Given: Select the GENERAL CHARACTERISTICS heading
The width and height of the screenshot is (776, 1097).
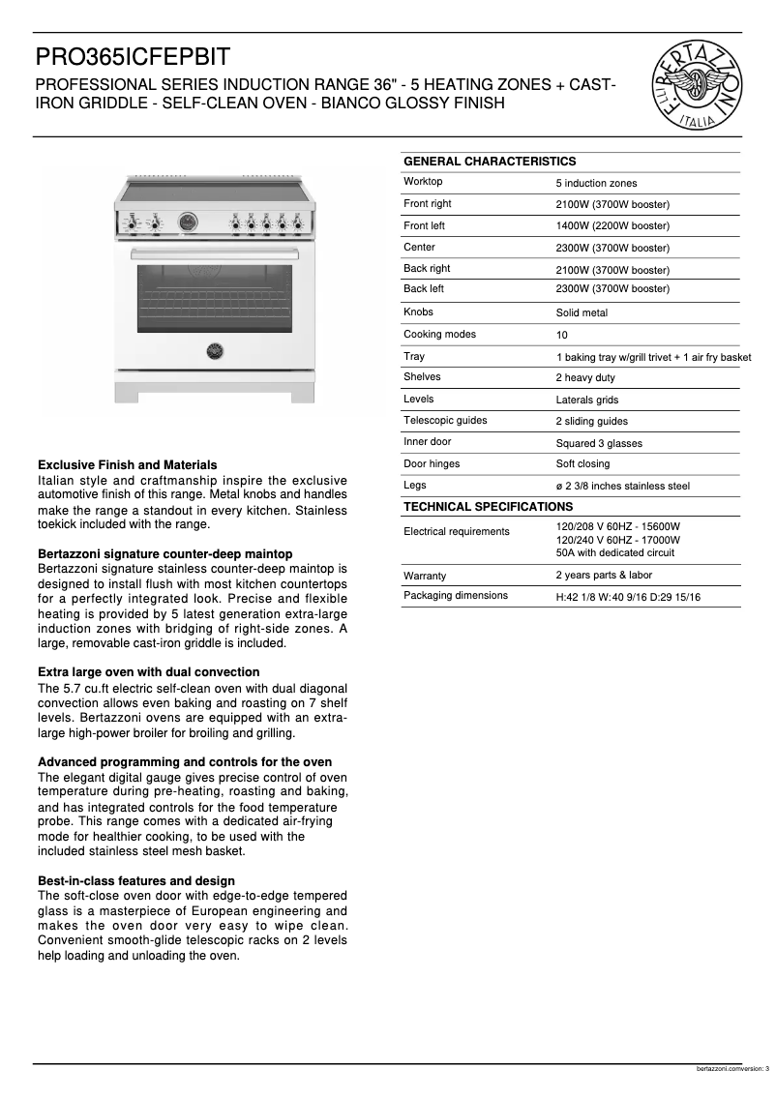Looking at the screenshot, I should tap(489, 162).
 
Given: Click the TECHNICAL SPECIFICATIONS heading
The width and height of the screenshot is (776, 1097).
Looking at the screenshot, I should tap(488, 507).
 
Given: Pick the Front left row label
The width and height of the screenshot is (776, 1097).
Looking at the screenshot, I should tap(425, 226).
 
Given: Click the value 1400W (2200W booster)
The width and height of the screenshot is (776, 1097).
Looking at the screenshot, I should tap(612, 226).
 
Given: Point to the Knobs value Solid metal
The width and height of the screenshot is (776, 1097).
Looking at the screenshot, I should tap(582, 313).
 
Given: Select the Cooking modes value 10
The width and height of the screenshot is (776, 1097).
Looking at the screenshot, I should tap(562, 336).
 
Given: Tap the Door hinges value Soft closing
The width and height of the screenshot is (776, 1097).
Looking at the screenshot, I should tap(582, 464).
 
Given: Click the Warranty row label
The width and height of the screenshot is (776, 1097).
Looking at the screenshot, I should tap(425, 577).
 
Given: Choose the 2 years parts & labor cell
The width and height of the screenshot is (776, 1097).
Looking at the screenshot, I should tap(604, 576).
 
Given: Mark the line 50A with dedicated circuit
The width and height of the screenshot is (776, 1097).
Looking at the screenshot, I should tap(614, 553).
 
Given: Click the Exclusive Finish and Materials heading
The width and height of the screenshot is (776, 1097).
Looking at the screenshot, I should tap(127, 465).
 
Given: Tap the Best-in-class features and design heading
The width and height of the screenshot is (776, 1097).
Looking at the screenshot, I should tap(135, 881).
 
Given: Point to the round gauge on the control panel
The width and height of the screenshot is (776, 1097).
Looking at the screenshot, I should tap(188, 222).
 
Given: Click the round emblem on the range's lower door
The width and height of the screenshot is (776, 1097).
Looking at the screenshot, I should tap(215, 348).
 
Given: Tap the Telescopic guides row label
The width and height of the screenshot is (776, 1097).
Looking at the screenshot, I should tap(445, 421).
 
